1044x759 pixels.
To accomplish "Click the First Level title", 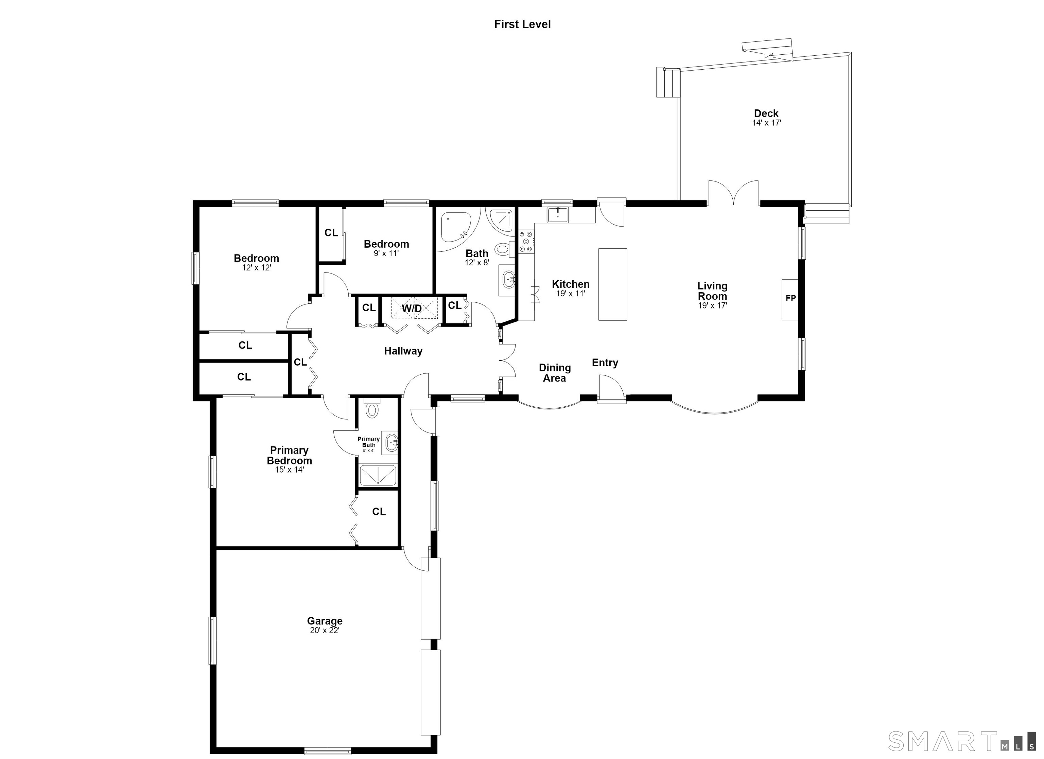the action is point(522,24).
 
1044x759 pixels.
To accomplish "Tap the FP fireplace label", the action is point(790,298).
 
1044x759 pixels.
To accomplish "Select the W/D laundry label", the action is point(412,308).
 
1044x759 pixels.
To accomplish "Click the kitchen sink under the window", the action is point(558,214).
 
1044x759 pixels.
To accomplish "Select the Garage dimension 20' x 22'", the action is point(325,630).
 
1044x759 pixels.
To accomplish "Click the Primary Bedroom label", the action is point(290,455).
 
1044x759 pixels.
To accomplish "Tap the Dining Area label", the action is point(555,373).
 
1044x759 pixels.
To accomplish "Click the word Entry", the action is point(605,363).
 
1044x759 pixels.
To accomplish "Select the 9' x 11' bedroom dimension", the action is point(386,253).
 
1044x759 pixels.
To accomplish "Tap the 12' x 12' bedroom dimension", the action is point(256,267).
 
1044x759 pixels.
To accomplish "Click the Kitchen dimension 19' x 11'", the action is point(571,293).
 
